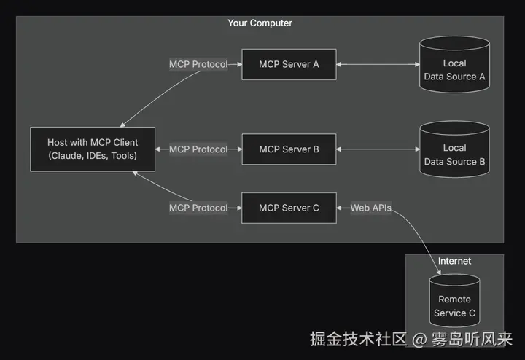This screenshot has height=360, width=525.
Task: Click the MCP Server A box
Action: click(289, 64)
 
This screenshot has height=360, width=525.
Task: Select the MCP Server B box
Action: click(289, 149)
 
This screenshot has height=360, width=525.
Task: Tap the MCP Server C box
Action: click(289, 208)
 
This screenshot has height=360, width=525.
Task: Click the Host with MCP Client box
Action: click(93, 149)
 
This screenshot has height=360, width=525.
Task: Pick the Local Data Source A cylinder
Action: click(454, 70)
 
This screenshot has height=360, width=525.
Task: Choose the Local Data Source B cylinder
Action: click(454, 155)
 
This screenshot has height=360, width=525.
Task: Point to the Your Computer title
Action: click(260, 23)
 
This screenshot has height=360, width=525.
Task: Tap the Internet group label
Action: click(454, 261)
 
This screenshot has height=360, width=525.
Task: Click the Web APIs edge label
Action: click(370, 208)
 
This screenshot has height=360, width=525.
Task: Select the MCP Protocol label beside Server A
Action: click(198, 64)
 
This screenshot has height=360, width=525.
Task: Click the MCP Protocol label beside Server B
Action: click(198, 149)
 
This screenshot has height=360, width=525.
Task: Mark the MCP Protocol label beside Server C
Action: click(198, 208)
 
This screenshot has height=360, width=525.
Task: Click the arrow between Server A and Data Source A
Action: click(378, 64)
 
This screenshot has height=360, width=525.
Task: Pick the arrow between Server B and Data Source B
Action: click(378, 149)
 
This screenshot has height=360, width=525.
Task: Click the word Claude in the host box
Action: click(67, 156)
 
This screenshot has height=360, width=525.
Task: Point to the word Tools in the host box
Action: click(121, 156)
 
